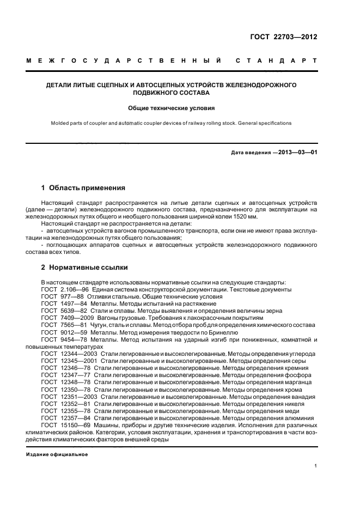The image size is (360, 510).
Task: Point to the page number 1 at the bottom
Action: point(316,466)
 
